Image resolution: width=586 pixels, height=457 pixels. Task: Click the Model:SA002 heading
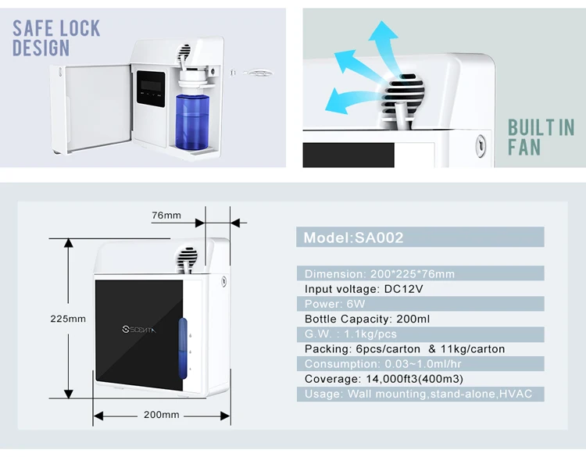[x=354, y=237]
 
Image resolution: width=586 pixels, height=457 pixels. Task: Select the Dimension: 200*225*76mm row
[x=380, y=273]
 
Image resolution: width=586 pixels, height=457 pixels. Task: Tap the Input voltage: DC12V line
[x=364, y=288]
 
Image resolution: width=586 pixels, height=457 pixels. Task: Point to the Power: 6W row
[x=334, y=304]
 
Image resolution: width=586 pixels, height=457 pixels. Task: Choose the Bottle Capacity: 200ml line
[x=367, y=319]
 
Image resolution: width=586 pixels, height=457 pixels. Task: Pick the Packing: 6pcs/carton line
[x=405, y=348]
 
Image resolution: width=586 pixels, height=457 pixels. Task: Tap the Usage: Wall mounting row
[x=418, y=394]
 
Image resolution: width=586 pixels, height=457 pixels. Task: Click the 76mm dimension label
[x=166, y=215]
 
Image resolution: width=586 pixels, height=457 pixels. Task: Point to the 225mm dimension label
[x=68, y=319]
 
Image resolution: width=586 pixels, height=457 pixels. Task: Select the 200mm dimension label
[x=162, y=415]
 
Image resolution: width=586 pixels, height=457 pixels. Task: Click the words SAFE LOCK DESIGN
[x=56, y=38]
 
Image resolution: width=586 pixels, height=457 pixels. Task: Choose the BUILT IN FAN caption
[x=541, y=137]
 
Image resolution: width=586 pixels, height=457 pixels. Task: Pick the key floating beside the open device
[x=258, y=72]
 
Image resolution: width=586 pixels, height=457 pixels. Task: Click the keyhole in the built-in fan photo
[x=479, y=145]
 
